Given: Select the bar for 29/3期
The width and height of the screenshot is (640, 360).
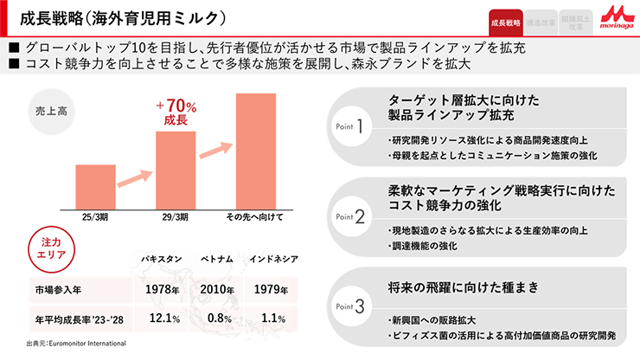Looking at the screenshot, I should click(176, 170).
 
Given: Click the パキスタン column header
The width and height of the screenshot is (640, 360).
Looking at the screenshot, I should click(162, 260).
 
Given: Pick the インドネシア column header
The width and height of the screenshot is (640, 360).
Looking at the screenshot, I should click(272, 260).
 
